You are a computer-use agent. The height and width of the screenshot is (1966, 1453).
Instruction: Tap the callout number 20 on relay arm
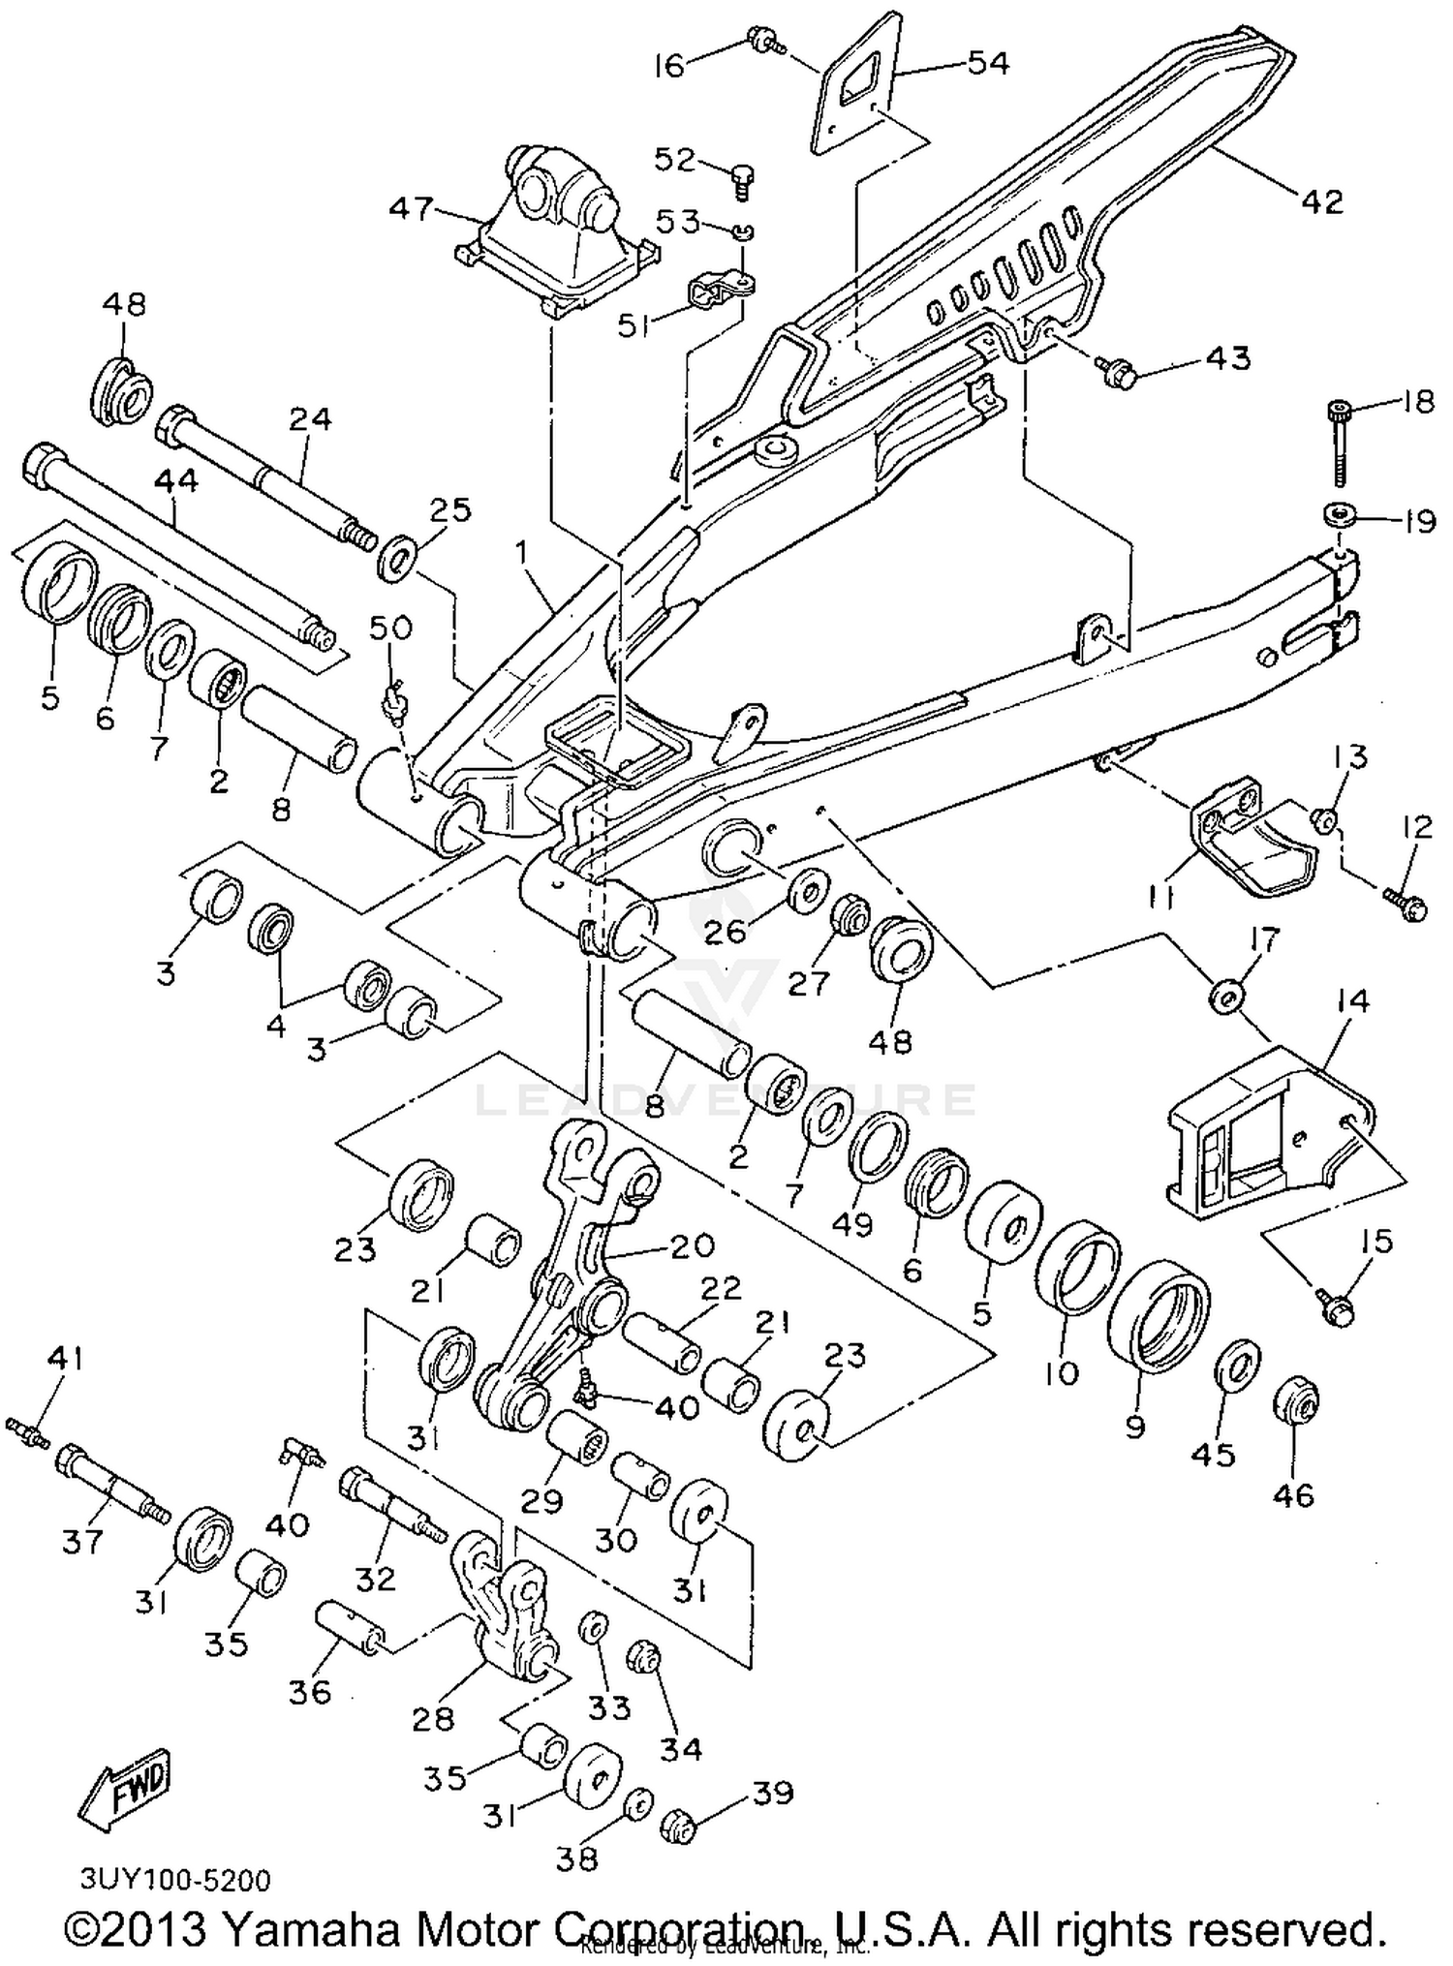point(691,1245)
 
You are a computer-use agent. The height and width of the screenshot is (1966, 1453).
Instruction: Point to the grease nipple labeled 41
point(29,1432)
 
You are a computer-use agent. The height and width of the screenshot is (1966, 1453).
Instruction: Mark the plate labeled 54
point(865,92)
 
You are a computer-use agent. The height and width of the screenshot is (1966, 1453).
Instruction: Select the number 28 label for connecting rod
point(433,1719)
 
